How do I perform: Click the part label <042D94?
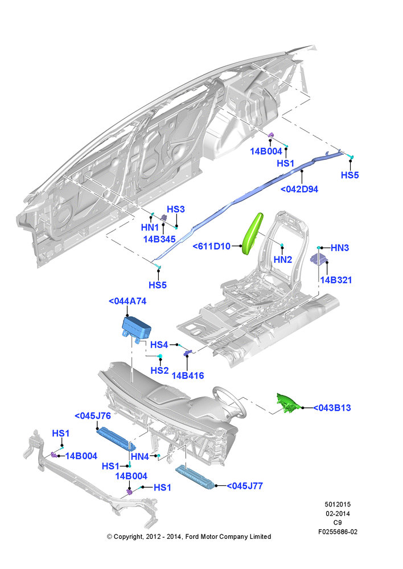pyautogui.click(x=299, y=189)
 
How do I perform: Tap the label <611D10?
pyautogui.click(x=211, y=246)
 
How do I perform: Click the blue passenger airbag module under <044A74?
pyautogui.click(x=136, y=328)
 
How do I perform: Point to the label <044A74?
pyautogui.click(x=128, y=301)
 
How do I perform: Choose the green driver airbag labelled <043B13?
pyautogui.click(x=288, y=403)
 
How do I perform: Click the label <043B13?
pyautogui.click(x=332, y=408)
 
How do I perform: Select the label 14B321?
pyautogui.click(x=336, y=280)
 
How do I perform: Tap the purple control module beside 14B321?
pyautogui.click(x=319, y=259)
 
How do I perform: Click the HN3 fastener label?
pyautogui.click(x=340, y=248)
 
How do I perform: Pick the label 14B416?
pyautogui.click(x=188, y=376)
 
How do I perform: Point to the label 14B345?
pyautogui.click(x=159, y=239)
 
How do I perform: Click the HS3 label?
pyautogui.click(x=176, y=209)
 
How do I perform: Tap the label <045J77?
pyautogui.click(x=245, y=486)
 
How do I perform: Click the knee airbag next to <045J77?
pyautogui.click(x=195, y=477)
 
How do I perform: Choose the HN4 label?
pyautogui.click(x=140, y=456)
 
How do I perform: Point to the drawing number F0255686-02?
pyautogui.click(x=338, y=532)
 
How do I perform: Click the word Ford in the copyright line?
pyautogui.click(x=192, y=537)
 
